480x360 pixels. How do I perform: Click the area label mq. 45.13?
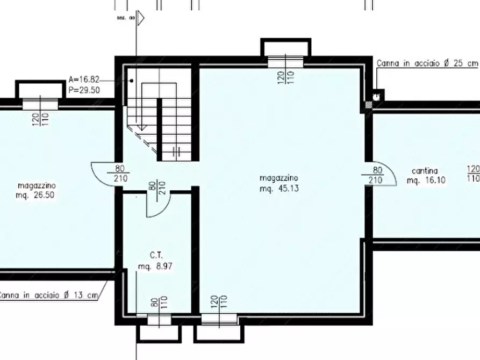click(279, 189)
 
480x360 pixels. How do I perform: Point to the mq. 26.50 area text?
click(35, 195)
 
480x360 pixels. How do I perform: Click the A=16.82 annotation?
click(84, 80)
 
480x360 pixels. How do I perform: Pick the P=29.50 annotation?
click(84, 90)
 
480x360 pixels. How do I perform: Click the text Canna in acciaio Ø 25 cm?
click(427, 63)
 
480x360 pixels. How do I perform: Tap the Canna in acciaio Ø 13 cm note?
click(49, 295)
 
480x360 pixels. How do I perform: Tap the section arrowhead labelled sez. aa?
click(141, 19)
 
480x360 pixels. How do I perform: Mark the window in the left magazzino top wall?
click(40, 104)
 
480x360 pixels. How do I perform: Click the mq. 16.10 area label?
click(426, 181)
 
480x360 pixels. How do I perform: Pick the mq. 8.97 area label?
click(155, 266)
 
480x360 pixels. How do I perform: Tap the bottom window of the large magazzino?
click(219, 320)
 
